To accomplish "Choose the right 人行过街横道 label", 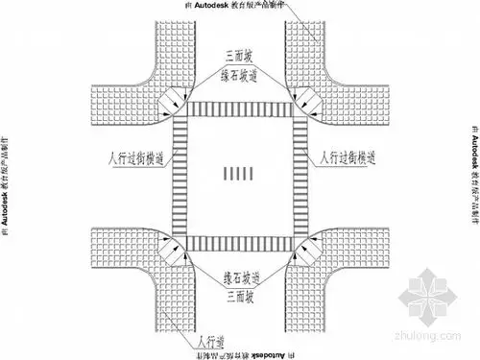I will point(356,154).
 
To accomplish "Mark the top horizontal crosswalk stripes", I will point(238,110).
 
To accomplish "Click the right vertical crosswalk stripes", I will point(299,179).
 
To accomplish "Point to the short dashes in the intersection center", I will point(238,175).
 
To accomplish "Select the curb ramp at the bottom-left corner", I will point(170,252).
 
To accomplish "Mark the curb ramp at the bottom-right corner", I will point(307,252).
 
